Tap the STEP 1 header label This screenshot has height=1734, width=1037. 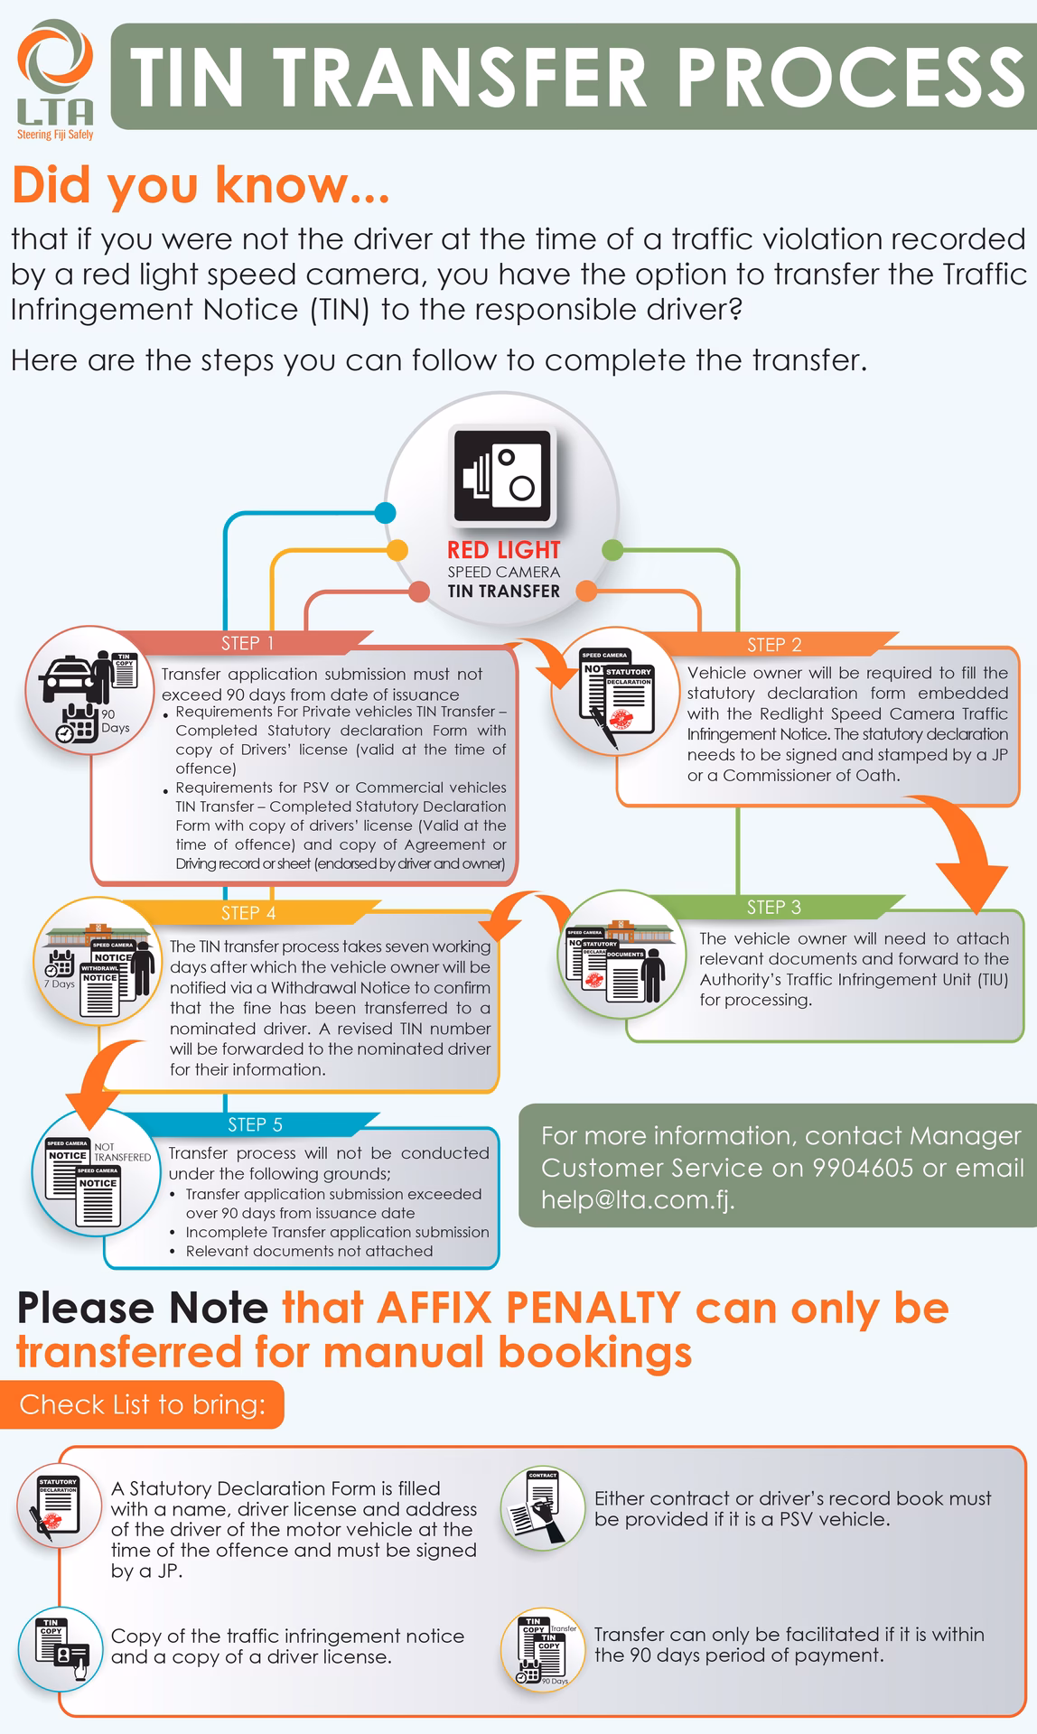click(x=247, y=643)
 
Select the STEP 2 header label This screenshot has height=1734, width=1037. click(x=774, y=645)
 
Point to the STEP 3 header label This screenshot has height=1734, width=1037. click(x=773, y=907)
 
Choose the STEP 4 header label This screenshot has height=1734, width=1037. click(x=248, y=913)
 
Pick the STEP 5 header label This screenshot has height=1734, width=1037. click(x=255, y=1124)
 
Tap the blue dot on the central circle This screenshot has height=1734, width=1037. click(x=385, y=513)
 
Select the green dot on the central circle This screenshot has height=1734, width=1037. click(x=612, y=549)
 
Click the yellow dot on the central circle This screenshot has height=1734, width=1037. click(x=397, y=549)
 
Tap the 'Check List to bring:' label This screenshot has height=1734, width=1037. click(x=142, y=1404)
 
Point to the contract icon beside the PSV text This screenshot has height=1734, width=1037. click(x=544, y=1508)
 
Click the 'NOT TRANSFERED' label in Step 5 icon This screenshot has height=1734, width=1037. click(x=121, y=1151)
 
